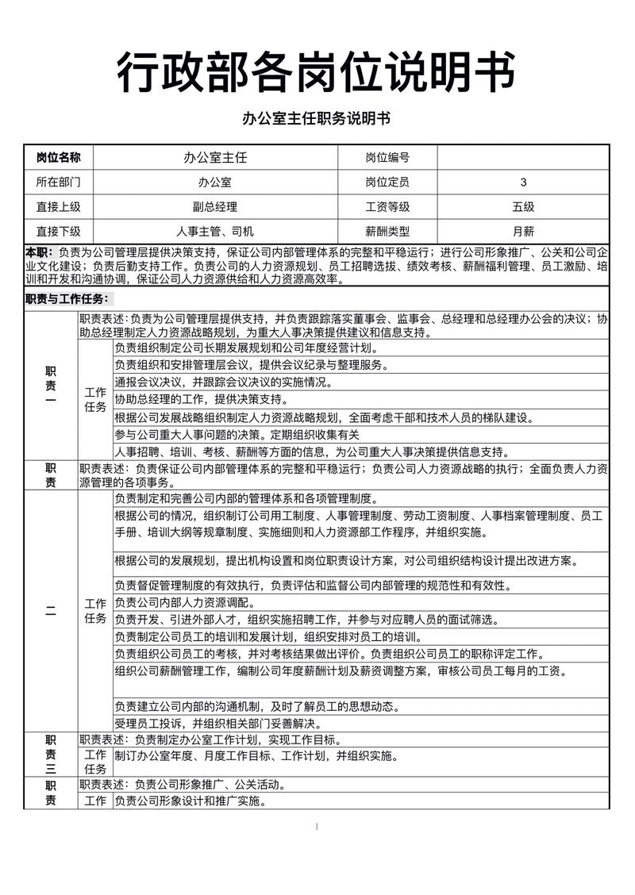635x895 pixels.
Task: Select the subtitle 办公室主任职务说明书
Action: coord(317,119)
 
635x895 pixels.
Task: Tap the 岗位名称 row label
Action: coord(59,158)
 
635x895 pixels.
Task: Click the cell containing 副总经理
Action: coord(215,207)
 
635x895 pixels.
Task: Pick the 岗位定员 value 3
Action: coord(523,182)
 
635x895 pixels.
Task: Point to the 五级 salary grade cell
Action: coord(523,207)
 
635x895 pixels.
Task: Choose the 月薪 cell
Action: coord(523,232)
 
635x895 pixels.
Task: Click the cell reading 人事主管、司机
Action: coord(215,232)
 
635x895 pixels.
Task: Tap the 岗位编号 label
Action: coord(387,158)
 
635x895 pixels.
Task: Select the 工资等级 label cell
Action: coord(387,207)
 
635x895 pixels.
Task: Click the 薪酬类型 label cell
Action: coord(387,232)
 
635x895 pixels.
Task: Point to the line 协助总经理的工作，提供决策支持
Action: coord(213,400)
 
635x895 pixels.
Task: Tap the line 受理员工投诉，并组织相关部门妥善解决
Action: coord(217,723)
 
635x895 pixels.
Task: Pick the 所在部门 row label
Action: coord(59,182)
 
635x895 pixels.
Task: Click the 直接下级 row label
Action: coord(59,232)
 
